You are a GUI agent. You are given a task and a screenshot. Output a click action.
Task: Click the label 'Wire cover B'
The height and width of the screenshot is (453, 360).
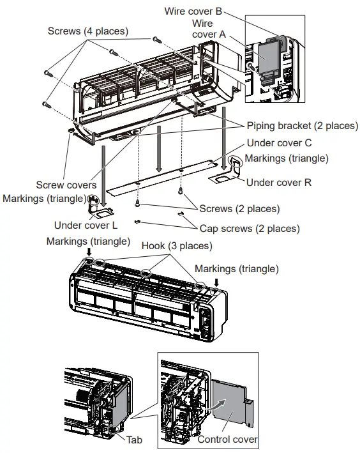tap(193, 11)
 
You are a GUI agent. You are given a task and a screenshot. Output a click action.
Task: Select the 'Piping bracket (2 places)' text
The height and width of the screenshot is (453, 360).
tap(302, 125)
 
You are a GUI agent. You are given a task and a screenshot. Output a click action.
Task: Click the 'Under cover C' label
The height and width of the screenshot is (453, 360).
tap(279, 143)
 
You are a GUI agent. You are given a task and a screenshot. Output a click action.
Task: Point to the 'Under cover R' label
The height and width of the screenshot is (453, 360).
tap(279, 182)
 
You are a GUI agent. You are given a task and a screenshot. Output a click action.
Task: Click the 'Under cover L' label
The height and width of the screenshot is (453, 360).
tap(86, 225)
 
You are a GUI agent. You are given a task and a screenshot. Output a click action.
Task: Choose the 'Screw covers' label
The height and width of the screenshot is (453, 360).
tap(66, 185)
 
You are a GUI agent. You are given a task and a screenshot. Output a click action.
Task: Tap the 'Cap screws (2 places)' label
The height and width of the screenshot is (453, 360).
tap(250, 228)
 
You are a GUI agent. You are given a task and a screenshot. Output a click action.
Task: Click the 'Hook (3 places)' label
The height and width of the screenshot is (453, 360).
tap(177, 245)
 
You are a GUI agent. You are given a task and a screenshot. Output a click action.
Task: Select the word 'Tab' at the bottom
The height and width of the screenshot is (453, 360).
tap(134, 440)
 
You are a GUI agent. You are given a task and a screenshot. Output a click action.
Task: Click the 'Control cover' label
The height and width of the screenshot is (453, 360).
tap(227, 440)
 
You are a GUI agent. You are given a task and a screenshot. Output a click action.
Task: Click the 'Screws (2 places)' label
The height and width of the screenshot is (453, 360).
tap(239, 209)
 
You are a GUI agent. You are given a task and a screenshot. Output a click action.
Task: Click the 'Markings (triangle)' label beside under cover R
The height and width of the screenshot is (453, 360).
tap(287, 158)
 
